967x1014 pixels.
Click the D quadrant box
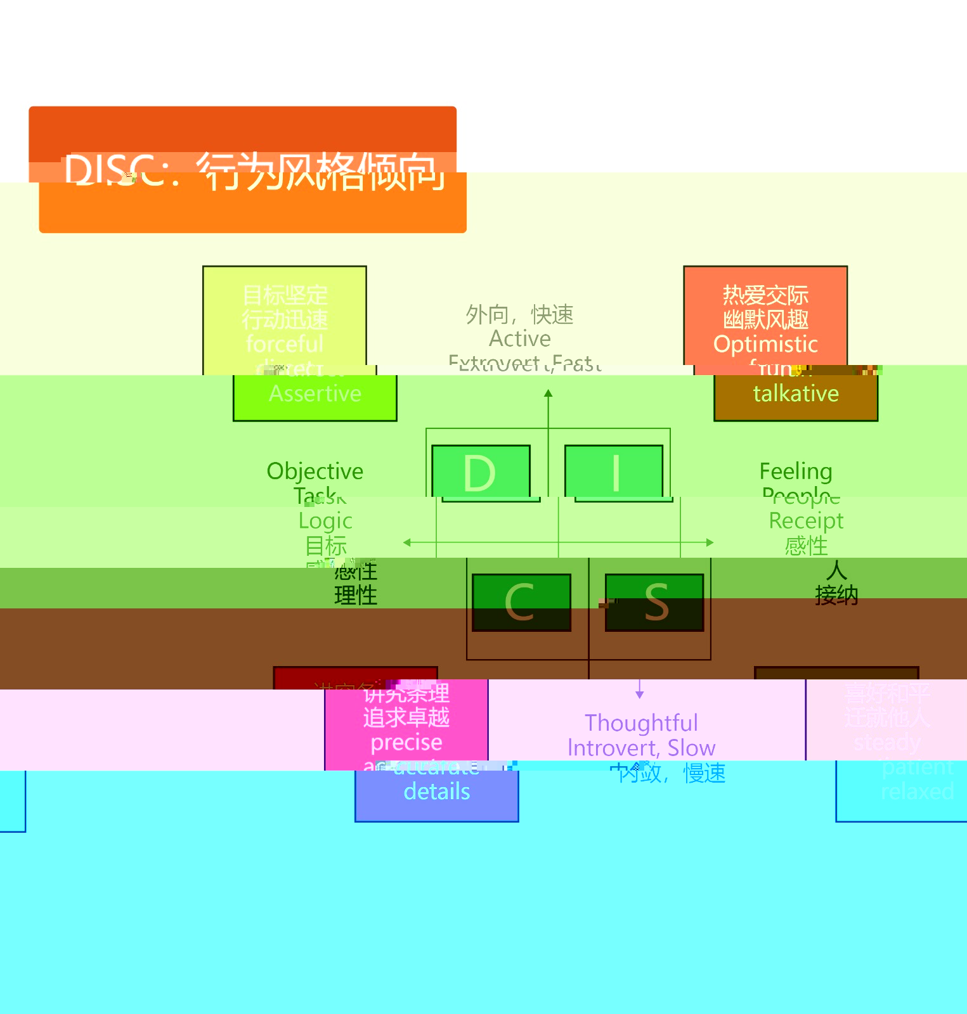coord(481,472)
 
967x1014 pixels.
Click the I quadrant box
coord(614,472)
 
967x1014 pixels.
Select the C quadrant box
coord(521,602)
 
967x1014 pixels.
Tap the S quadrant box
coord(654,602)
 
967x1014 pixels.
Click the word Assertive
coord(315,394)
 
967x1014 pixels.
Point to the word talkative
coord(796,394)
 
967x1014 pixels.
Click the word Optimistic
coord(765,344)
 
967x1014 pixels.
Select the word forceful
coord(285,344)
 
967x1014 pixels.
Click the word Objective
coord(315,472)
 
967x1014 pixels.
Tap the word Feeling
coord(796,472)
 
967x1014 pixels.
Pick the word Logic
coord(325,521)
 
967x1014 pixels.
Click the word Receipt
coord(806,521)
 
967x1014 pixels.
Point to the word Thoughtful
coord(641,723)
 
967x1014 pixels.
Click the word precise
coord(406,742)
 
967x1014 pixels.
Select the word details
coord(437,792)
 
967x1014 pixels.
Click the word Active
coord(520,339)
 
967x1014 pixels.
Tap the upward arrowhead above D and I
coord(548,394)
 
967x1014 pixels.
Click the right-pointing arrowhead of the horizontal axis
coord(710,542)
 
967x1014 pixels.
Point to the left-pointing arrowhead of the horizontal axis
coord(407,542)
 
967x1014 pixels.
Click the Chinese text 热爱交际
coord(765,295)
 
